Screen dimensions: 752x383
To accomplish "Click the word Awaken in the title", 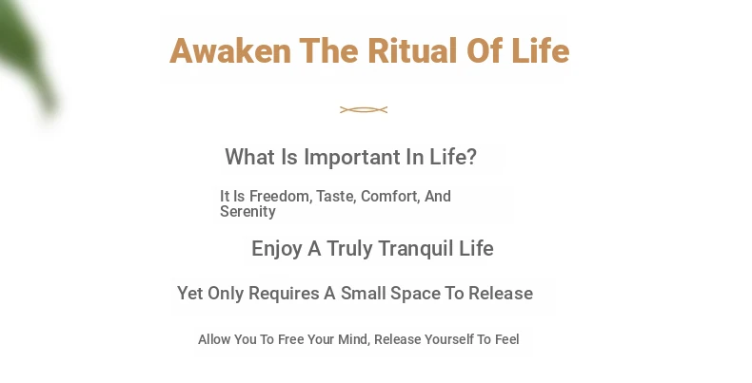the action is [x=230, y=50].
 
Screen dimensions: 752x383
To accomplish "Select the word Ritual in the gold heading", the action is [x=412, y=50].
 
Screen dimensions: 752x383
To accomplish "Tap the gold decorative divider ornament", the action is [x=364, y=110].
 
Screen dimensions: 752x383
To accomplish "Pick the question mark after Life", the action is [x=471, y=157].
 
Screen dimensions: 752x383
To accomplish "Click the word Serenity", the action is [x=247, y=212].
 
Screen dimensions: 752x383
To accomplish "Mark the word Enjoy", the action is [x=277, y=249].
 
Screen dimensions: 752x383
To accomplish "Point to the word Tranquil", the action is [x=416, y=249].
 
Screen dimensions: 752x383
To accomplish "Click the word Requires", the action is [x=284, y=294].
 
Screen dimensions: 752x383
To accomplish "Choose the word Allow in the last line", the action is [x=214, y=339].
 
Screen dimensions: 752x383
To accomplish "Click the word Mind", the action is [x=354, y=339].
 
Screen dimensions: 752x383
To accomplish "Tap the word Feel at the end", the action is [x=507, y=339].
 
